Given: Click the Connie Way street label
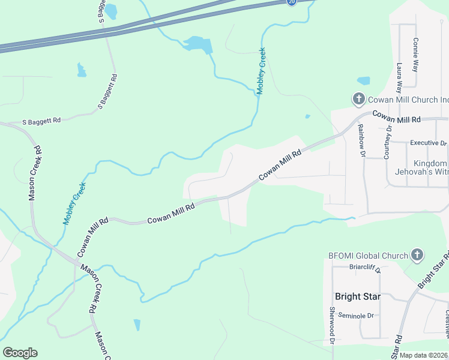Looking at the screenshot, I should (415, 55).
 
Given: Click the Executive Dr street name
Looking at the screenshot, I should (429, 143).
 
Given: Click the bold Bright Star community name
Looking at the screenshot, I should (357, 296).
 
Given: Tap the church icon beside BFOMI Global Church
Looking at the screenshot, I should (417, 255).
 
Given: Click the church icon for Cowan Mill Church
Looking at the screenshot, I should (358, 99).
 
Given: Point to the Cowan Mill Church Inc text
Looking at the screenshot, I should (408, 100).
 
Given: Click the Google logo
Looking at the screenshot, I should (20, 353).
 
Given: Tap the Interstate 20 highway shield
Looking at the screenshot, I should (291, 2).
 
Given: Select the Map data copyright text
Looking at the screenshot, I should (424, 355).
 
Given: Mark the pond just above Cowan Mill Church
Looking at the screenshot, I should (364, 80).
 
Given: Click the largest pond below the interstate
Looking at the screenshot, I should (199, 44).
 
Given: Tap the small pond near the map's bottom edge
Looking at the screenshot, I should (137, 325).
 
